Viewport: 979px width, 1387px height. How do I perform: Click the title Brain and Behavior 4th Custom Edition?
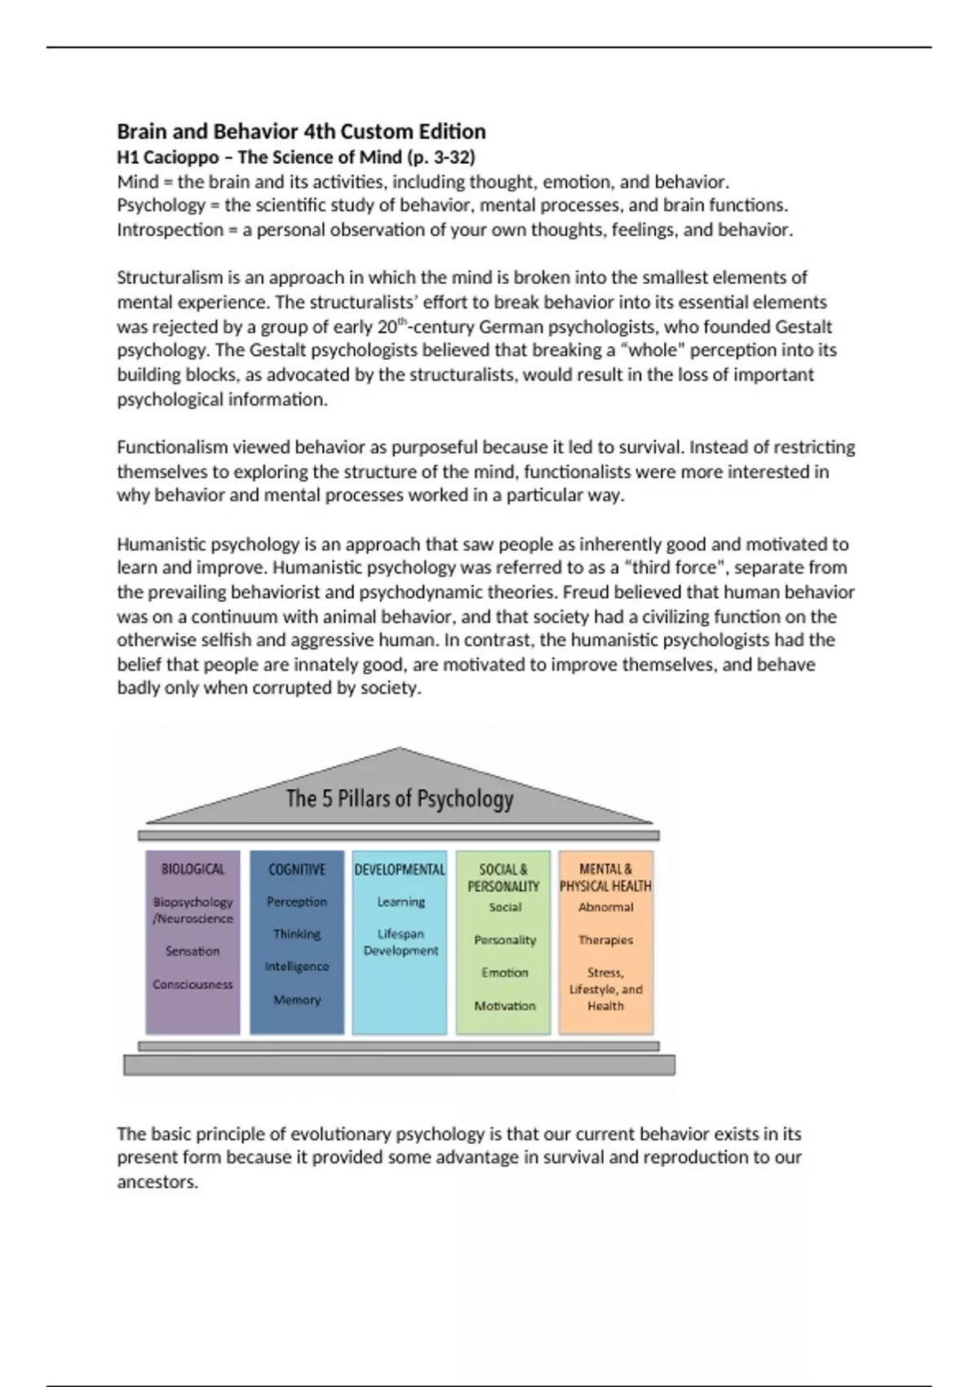[301, 131]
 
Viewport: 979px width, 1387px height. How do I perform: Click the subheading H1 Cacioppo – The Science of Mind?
[295, 157]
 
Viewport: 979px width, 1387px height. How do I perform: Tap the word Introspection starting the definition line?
[170, 230]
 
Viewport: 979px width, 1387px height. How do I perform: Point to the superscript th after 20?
[401, 321]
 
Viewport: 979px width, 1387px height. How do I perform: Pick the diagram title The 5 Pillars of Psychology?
[399, 798]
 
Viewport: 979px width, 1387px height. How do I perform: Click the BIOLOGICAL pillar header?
[193, 869]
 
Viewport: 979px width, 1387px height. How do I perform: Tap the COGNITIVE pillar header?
[297, 869]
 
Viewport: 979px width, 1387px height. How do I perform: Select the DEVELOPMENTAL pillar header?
[400, 869]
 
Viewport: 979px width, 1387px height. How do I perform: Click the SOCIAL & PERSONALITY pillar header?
[503, 877]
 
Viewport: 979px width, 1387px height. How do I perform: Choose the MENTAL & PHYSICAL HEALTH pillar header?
[605, 877]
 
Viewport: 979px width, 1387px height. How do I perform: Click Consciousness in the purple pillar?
[193, 984]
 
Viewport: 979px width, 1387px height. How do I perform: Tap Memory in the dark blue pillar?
[297, 999]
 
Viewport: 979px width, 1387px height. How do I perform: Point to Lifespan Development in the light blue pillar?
[401, 942]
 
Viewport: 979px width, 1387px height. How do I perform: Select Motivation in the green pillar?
[505, 1006]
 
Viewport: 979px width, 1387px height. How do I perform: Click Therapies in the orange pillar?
[605, 940]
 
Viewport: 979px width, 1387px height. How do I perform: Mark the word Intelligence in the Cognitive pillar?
[297, 967]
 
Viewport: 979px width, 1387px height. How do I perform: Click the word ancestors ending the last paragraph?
[157, 1182]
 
